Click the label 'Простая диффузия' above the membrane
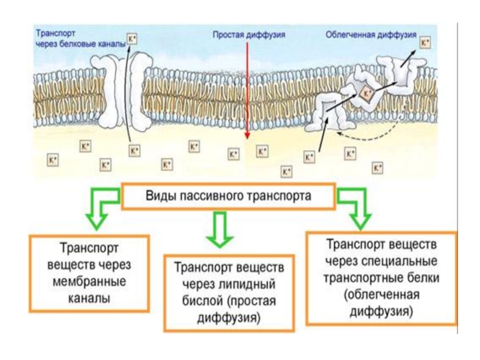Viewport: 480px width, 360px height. click(248, 34)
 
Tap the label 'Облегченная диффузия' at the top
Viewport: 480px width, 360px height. click(370, 35)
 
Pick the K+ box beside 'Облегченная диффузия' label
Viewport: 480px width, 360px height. click(425, 43)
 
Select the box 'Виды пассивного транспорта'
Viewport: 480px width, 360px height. click(228, 196)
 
